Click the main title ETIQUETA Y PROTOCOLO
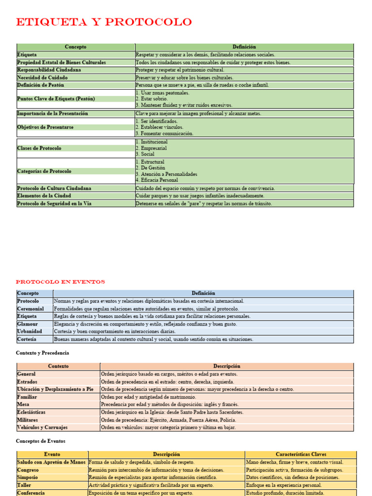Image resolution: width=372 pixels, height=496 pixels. [104, 22]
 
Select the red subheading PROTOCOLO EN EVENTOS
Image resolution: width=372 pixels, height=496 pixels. [60, 282]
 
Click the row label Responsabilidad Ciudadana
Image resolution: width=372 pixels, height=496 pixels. [49, 70]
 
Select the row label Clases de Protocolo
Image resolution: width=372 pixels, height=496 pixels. [39, 148]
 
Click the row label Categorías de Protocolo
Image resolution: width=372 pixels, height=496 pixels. [44, 171]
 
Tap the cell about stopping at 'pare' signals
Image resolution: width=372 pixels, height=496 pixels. [203, 203]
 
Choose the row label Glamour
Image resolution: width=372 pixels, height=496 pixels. [28, 324]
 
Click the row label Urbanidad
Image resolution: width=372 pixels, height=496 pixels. [30, 331]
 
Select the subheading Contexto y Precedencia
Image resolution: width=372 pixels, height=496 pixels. [43, 353]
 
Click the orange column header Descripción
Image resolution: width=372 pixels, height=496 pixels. [226, 366]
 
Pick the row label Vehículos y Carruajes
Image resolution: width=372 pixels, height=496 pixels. [43, 427]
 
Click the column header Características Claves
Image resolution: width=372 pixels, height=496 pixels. [301, 454]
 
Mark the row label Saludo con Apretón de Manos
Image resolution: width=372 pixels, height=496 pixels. [52, 462]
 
